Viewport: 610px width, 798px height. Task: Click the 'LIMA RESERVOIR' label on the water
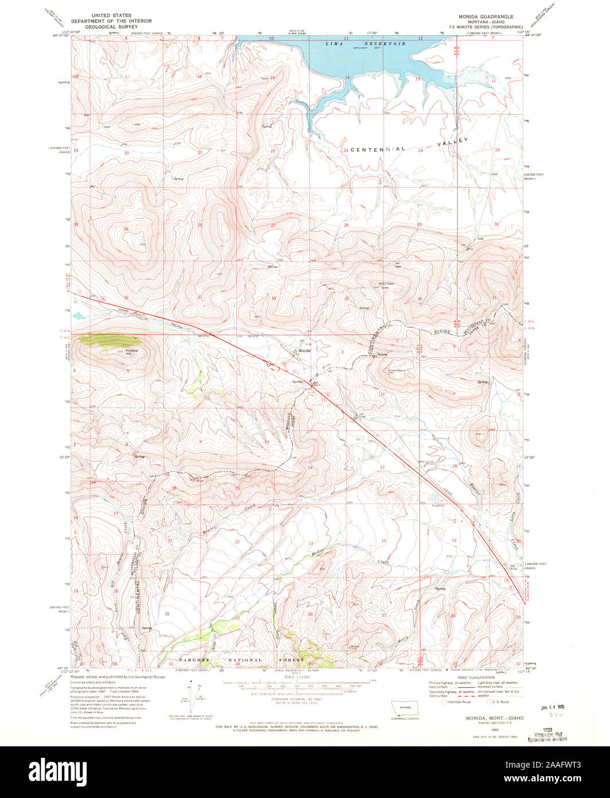(x=366, y=44)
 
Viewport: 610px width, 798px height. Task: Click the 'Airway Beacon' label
(x=397, y=371)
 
